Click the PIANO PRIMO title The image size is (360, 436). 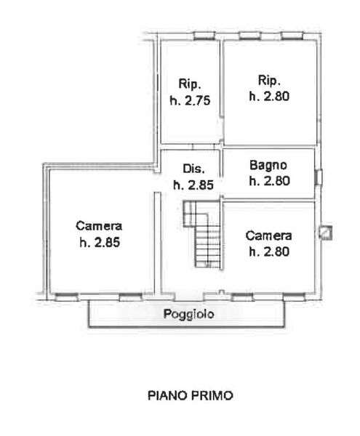pyautogui.click(x=191, y=395)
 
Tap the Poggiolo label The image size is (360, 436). pyautogui.click(x=188, y=314)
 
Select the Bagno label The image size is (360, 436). pyautogui.click(x=268, y=166)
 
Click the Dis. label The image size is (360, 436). pyautogui.click(x=193, y=169)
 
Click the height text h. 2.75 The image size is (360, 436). pyautogui.click(x=191, y=100)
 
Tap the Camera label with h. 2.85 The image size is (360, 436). pyautogui.click(x=99, y=226)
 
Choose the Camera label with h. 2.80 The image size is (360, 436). pyautogui.click(x=269, y=236)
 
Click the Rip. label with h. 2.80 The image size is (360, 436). pyautogui.click(x=269, y=81)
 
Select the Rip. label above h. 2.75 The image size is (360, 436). pyautogui.click(x=190, y=84)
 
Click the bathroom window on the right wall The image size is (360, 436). pyautogui.click(x=319, y=177)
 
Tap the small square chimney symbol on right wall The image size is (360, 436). pyautogui.click(x=326, y=233)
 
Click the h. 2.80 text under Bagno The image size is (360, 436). pyautogui.click(x=269, y=181)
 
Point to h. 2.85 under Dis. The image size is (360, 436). pyautogui.click(x=193, y=185)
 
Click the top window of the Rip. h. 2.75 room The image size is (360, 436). pyautogui.click(x=204, y=36)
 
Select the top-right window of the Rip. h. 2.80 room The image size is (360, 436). pyautogui.click(x=292, y=36)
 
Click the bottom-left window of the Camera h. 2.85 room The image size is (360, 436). pyautogui.click(x=67, y=297)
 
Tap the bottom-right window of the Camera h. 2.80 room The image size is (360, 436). pyautogui.click(x=295, y=297)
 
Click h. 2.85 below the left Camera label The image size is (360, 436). pyautogui.click(x=100, y=242)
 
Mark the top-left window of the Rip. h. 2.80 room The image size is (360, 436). pyautogui.click(x=250, y=36)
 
